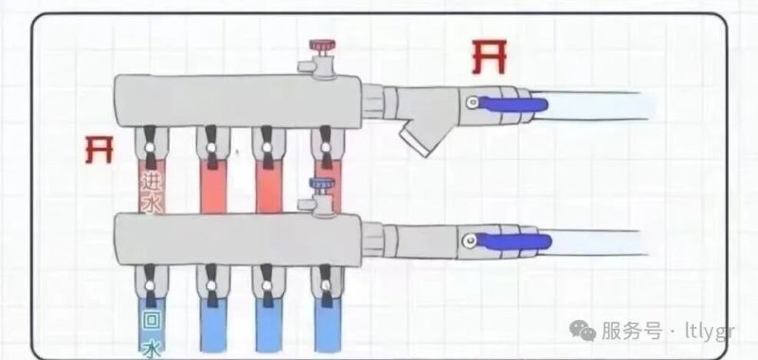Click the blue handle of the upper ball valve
pyautogui.click(x=513, y=104)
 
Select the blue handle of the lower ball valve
pyautogui.click(x=513, y=242)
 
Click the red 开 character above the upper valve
pyautogui.click(x=489, y=57)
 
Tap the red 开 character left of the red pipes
pyautogui.click(x=99, y=150)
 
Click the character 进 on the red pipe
pyautogui.click(x=151, y=182)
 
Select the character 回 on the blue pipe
pyautogui.click(x=152, y=321)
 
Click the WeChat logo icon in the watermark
pyautogui.click(x=583, y=331)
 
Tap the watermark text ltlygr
pyautogui.click(x=710, y=332)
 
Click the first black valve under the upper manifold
pyautogui.click(x=151, y=148)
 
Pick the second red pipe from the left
pyautogui.click(x=213, y=186)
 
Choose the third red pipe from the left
pyautogui.click(x=269, y=186)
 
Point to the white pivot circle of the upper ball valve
pyautogui.click(x=472, y=102)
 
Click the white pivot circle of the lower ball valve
pyautogui.click(x=469, y=241)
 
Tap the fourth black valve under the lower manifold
pyautogui.click(x=327, y=285)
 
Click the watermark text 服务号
pyautogui.click(x=632, y=331)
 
